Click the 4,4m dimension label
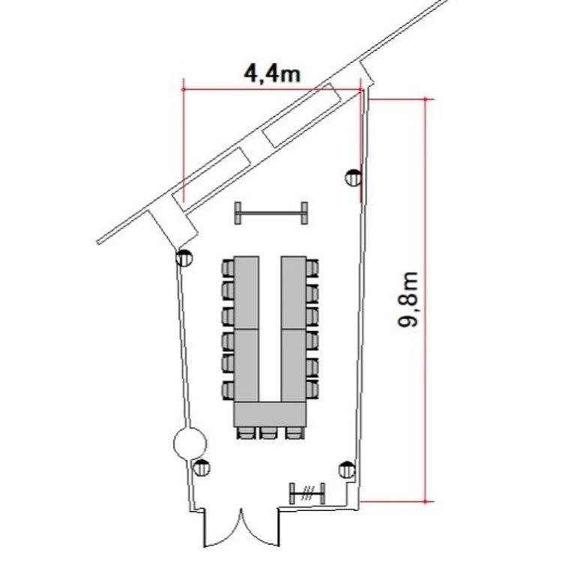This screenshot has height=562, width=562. (x=272, y=74)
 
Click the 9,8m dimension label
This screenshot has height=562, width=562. (x=408, y=299)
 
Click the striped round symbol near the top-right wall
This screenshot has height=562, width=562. (x=353, y=178)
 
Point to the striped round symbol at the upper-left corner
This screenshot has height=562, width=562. (x=184, y=257)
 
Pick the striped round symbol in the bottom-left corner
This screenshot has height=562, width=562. (x=202, y=468)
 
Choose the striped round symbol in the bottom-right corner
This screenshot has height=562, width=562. (x=347, y=470)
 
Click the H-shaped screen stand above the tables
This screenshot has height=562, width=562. (x=271, y=214)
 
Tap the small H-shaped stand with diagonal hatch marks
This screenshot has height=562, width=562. (x=307, y=494)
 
